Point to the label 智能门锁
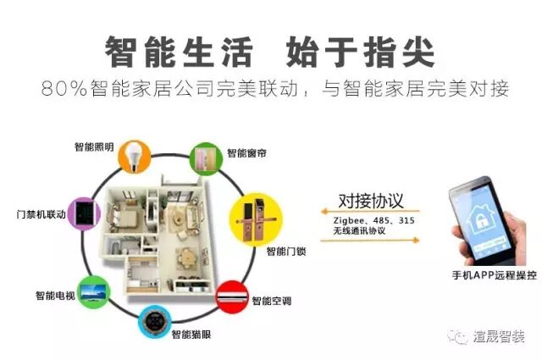point(286,252)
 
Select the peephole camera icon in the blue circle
point(154,323)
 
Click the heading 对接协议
point(370,201)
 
